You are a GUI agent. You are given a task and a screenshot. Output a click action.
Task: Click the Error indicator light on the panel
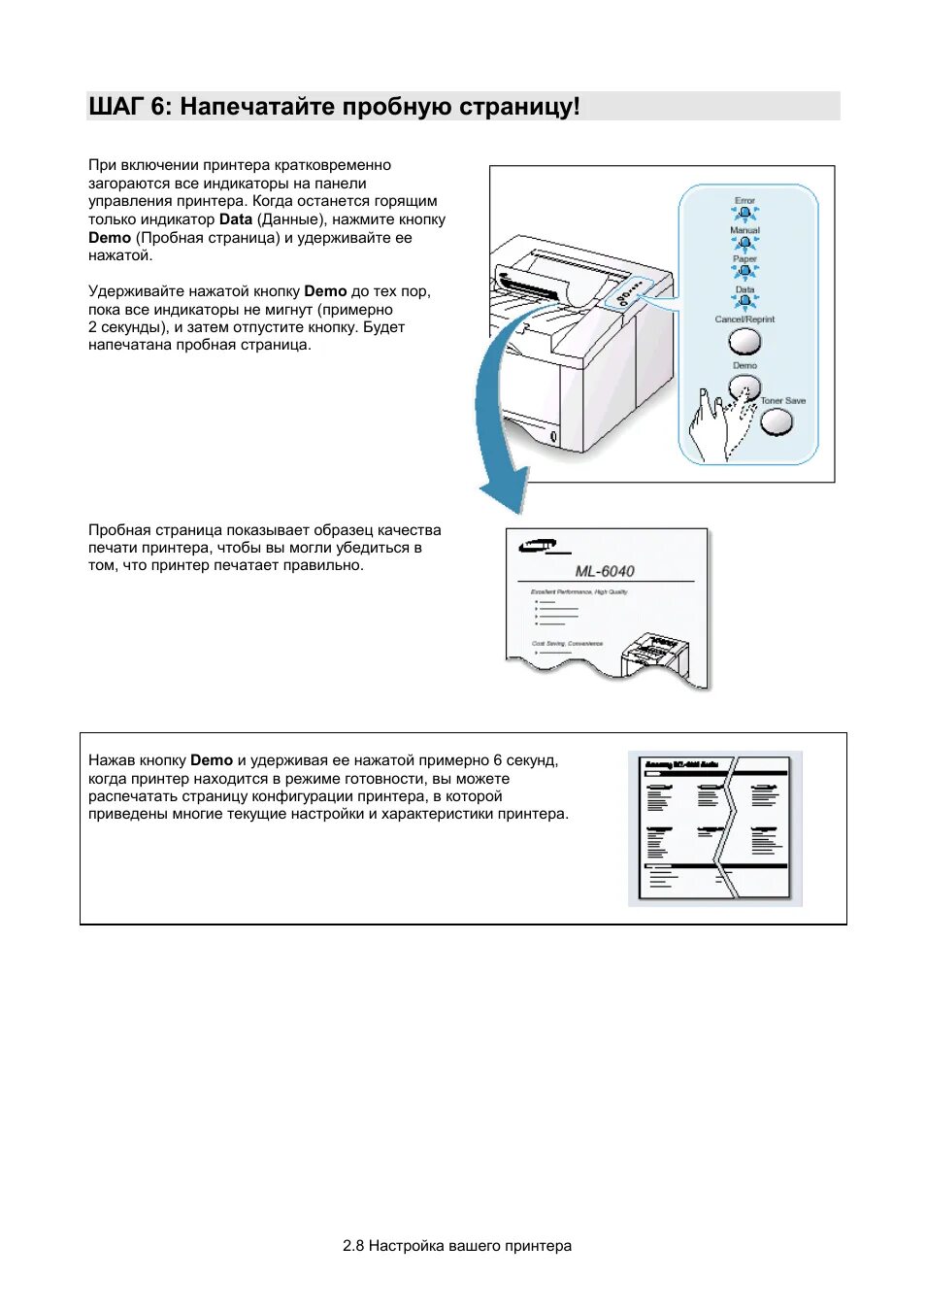[x=744, y=213]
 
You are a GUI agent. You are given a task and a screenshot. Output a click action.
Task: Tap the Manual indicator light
[x=744, y=243]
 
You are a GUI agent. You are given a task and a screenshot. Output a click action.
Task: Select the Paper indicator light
[x=744, y=272]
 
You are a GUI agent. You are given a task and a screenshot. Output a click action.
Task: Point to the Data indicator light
[x=744, y=301]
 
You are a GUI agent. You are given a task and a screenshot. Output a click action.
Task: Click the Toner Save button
[x=777, y=421]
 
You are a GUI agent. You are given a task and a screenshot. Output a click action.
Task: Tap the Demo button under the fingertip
[x=744, y=387]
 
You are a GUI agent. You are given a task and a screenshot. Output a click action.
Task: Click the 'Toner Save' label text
[x=783, y=401]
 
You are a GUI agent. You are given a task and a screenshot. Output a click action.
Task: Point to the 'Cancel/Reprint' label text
[x=744, y=320]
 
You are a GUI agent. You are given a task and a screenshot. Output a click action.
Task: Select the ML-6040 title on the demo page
[x=605, y=571]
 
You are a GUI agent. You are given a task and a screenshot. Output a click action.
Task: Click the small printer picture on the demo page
[x=655, y=656]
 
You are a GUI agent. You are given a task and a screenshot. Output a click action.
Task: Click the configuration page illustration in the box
[x=715, y=828]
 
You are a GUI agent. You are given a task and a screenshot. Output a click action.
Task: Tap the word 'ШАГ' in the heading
[x=116, y=107]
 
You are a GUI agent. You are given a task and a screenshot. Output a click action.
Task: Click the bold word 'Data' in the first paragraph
[x=236, y=219]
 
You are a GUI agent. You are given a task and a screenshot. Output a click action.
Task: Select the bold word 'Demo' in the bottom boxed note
[x=212, y=760]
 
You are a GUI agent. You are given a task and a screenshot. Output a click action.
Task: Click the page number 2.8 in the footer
[x=353, y=1246]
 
